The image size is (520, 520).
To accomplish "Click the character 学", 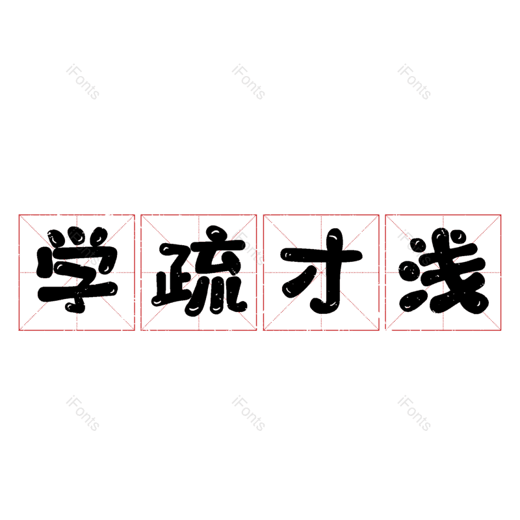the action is click(77, 270).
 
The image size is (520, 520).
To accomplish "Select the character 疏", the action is click(199, 270).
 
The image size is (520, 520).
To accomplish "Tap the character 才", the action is click(321, 270).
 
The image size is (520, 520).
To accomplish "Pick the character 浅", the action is click(444, 270).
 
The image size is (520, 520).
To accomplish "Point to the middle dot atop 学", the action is click(77, 235).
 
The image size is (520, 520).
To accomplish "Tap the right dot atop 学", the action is click(99, 236).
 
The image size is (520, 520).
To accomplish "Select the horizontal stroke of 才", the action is click(321, 255).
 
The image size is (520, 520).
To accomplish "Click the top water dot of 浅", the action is click(418, 247).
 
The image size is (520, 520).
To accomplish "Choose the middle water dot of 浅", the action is click(409, 270).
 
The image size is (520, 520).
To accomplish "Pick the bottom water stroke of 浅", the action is click(412, 301).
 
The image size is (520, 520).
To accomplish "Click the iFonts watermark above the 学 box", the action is click(83, 82).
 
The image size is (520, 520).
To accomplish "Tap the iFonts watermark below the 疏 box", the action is click(248, 413).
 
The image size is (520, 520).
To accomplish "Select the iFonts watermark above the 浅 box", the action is click(414, 82).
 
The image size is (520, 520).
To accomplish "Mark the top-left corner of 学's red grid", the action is click(19, 215).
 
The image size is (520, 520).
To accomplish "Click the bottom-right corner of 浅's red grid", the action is click(500, 330).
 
